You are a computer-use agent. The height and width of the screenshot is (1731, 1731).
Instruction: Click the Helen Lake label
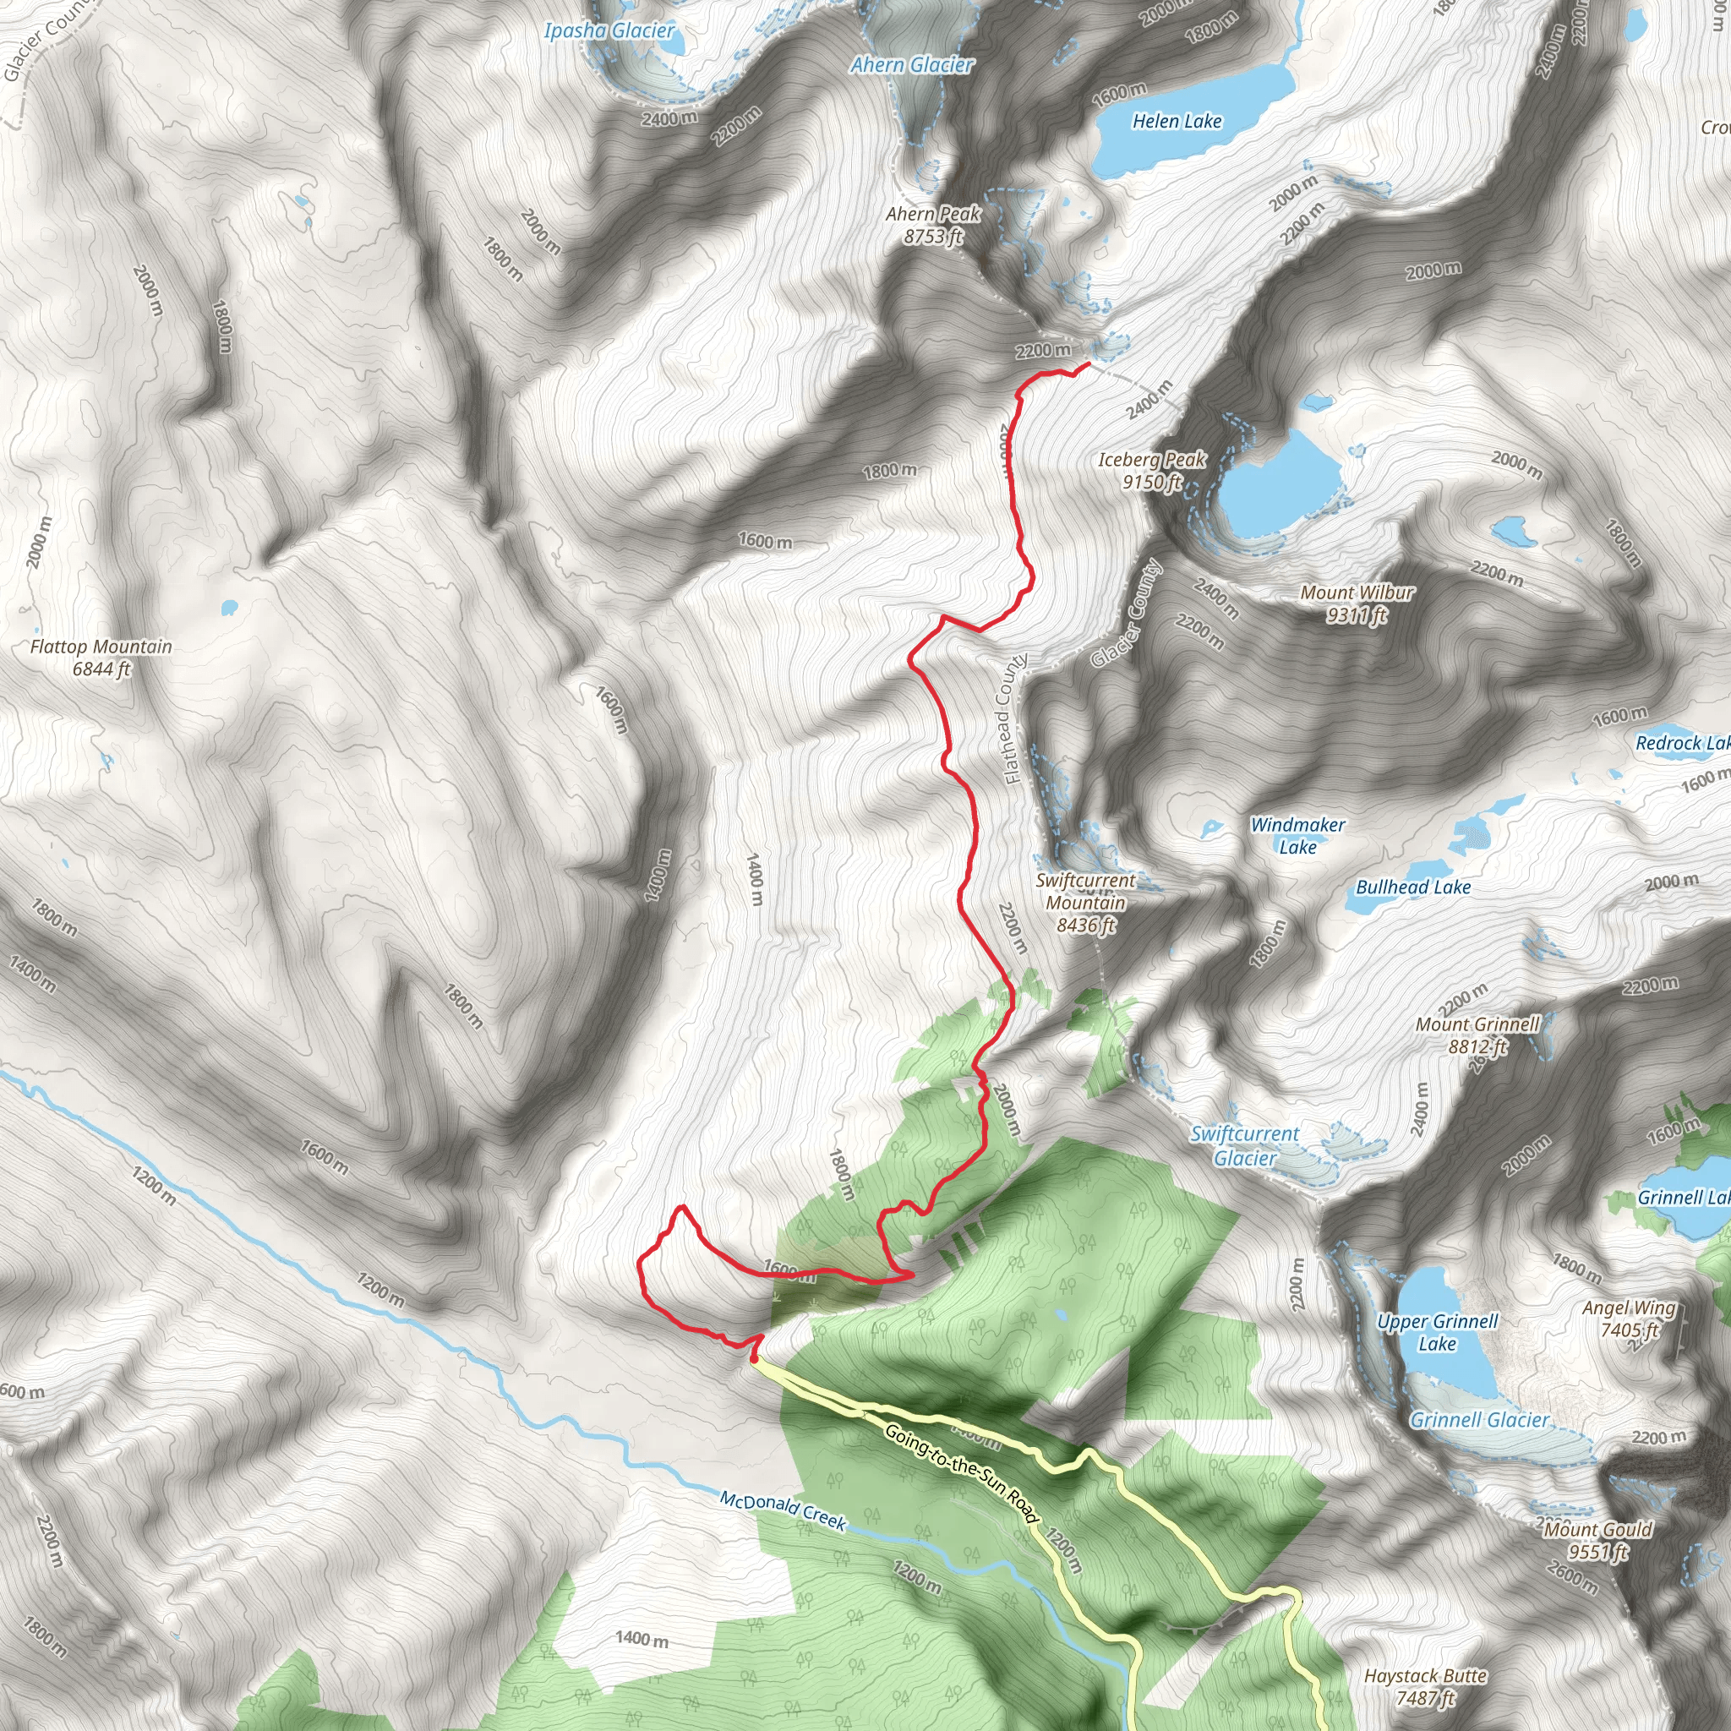[x=1177, y=121]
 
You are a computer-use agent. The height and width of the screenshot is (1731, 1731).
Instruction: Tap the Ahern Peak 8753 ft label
[x=933, y=225]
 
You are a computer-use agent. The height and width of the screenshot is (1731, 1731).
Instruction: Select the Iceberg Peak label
[x=1152, y=471]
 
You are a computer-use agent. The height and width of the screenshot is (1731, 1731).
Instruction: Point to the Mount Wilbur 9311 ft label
[x=1357, y=603]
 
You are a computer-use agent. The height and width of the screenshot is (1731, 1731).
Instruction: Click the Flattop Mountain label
[x=101, y=658]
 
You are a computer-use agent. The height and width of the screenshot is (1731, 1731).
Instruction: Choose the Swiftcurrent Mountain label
[x=1085, y=902]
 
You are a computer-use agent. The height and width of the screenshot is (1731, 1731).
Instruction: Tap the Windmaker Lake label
[x=1297, y=835]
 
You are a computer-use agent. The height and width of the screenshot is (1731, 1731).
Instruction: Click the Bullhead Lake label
[x=1413, y=887]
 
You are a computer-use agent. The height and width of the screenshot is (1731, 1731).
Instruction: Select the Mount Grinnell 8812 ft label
[x=1477, y=1035]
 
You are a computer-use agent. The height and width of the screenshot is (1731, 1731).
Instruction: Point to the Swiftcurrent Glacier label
[x=1244, y=1145]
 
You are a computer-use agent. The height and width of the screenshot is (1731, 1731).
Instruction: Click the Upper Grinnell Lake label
[x=1437, y=1332]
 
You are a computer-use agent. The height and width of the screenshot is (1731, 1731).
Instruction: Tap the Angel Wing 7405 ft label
[x=1629, y=1319]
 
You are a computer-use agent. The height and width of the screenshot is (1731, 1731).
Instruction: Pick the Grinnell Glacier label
[x=1479, y=1419]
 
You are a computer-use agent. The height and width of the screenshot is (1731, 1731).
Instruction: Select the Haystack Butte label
[x=1426, y=1686]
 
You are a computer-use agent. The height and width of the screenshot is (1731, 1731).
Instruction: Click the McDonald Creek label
[x=783, y=1510]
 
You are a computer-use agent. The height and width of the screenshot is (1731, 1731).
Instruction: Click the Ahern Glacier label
[x=911, y=64]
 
